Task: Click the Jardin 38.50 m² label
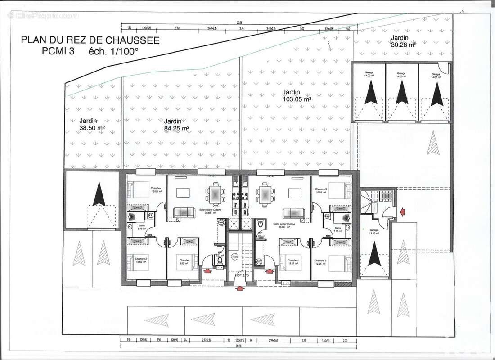(x=92, y=124)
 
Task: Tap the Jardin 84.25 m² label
(x=177, y=125)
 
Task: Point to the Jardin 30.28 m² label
(x=403, y=41)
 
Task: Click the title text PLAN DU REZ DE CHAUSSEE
(x=90, y=40)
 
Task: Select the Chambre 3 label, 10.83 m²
(x=321, y=191)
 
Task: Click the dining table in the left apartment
(x=215, y=194)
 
